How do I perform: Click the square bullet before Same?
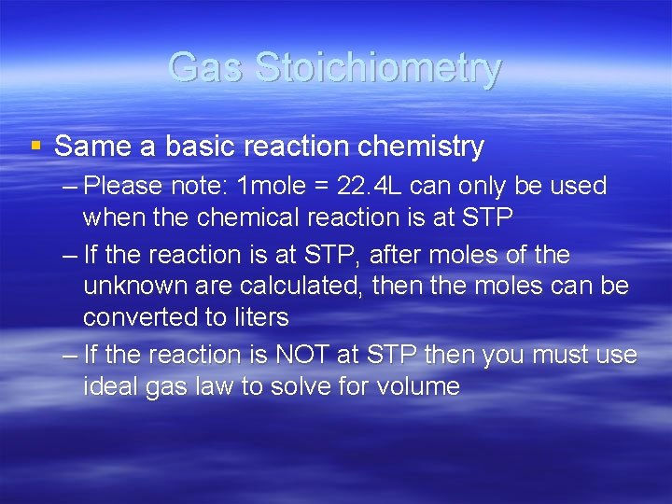click(x=36, y=146)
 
